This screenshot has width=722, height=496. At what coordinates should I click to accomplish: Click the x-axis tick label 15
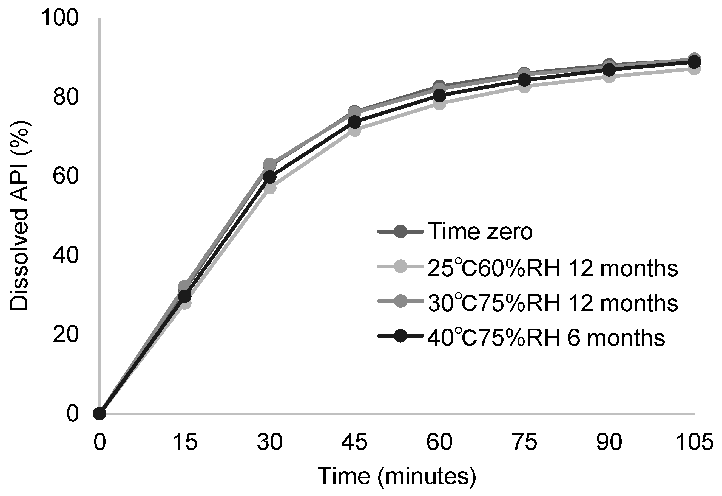click(186, 442)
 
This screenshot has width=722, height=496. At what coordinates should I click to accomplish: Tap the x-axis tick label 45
click(354, 442)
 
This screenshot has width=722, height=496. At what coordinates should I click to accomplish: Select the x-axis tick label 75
click(524, 442)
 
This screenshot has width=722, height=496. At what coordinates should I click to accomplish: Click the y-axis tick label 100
click(59, 18)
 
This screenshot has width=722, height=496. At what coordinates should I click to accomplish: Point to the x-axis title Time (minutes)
click(396, 476)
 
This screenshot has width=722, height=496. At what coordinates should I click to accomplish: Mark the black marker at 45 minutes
click(354, 123)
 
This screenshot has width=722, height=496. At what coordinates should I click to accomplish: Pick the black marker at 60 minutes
click(439, 96)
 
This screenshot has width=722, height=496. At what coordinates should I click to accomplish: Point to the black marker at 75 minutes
click(524, 80)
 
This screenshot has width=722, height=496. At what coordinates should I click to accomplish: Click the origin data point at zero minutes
click(100, 414)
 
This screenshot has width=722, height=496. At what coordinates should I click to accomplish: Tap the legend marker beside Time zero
click(401, 231)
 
